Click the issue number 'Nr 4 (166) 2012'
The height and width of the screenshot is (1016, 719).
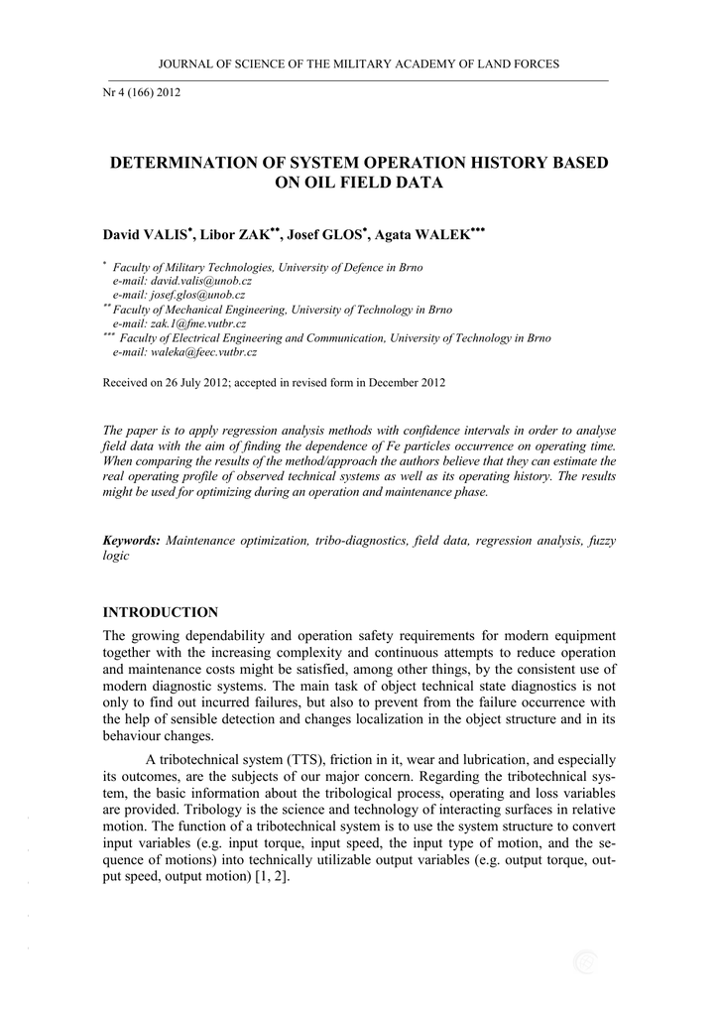click(142, 93)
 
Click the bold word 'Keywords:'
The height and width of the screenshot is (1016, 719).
click(132, 541)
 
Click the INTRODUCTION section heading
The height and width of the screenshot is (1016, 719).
click(161, 612)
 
